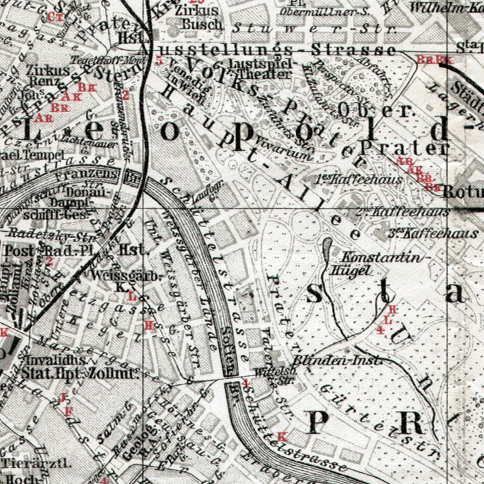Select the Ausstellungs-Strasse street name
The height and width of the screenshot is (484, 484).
pos(271,50)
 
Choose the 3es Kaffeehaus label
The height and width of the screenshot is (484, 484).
pos(432,233)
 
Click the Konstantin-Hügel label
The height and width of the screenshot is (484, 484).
pos(380,263)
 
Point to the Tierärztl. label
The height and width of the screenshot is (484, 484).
pos(27,462)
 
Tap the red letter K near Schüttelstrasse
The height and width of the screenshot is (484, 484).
pos(281,436)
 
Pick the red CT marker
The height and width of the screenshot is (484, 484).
pos(55,16)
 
